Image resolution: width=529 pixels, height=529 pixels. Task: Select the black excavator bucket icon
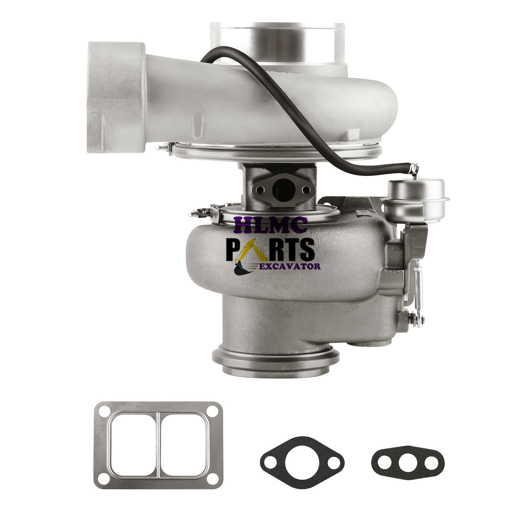pos(242,269)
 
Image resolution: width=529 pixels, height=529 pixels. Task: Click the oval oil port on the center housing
pos(280,189)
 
